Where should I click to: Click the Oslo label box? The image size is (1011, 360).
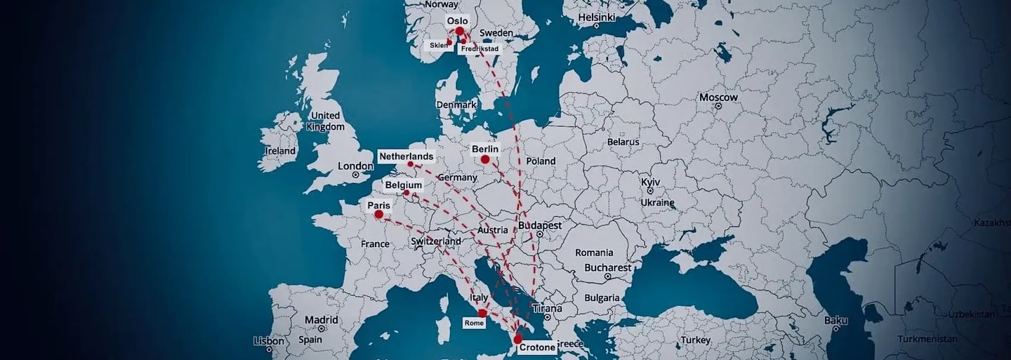(457, 21)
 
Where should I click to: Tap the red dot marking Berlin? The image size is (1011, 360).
(485, 160)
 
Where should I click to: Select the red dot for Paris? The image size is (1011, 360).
(379, 214)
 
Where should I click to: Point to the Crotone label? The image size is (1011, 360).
(538, 347)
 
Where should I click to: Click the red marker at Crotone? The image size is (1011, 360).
(518, 340)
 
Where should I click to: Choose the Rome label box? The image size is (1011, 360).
(474, 323)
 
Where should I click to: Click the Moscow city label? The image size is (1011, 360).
(718, 98)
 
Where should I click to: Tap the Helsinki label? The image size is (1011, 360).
(597, 17)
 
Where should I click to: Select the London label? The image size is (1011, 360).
(355, 166)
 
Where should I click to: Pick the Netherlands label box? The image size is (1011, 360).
(406, 156)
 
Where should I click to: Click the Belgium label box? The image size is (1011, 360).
(404, 185)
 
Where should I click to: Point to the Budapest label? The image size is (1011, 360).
(540, 226)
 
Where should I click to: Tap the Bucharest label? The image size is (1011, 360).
(607, 267)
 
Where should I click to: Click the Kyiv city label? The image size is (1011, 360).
(651, 182)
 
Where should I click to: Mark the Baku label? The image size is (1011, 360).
(836, 320)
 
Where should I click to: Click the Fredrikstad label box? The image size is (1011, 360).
(480, 49)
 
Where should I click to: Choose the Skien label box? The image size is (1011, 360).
(439, 45)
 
